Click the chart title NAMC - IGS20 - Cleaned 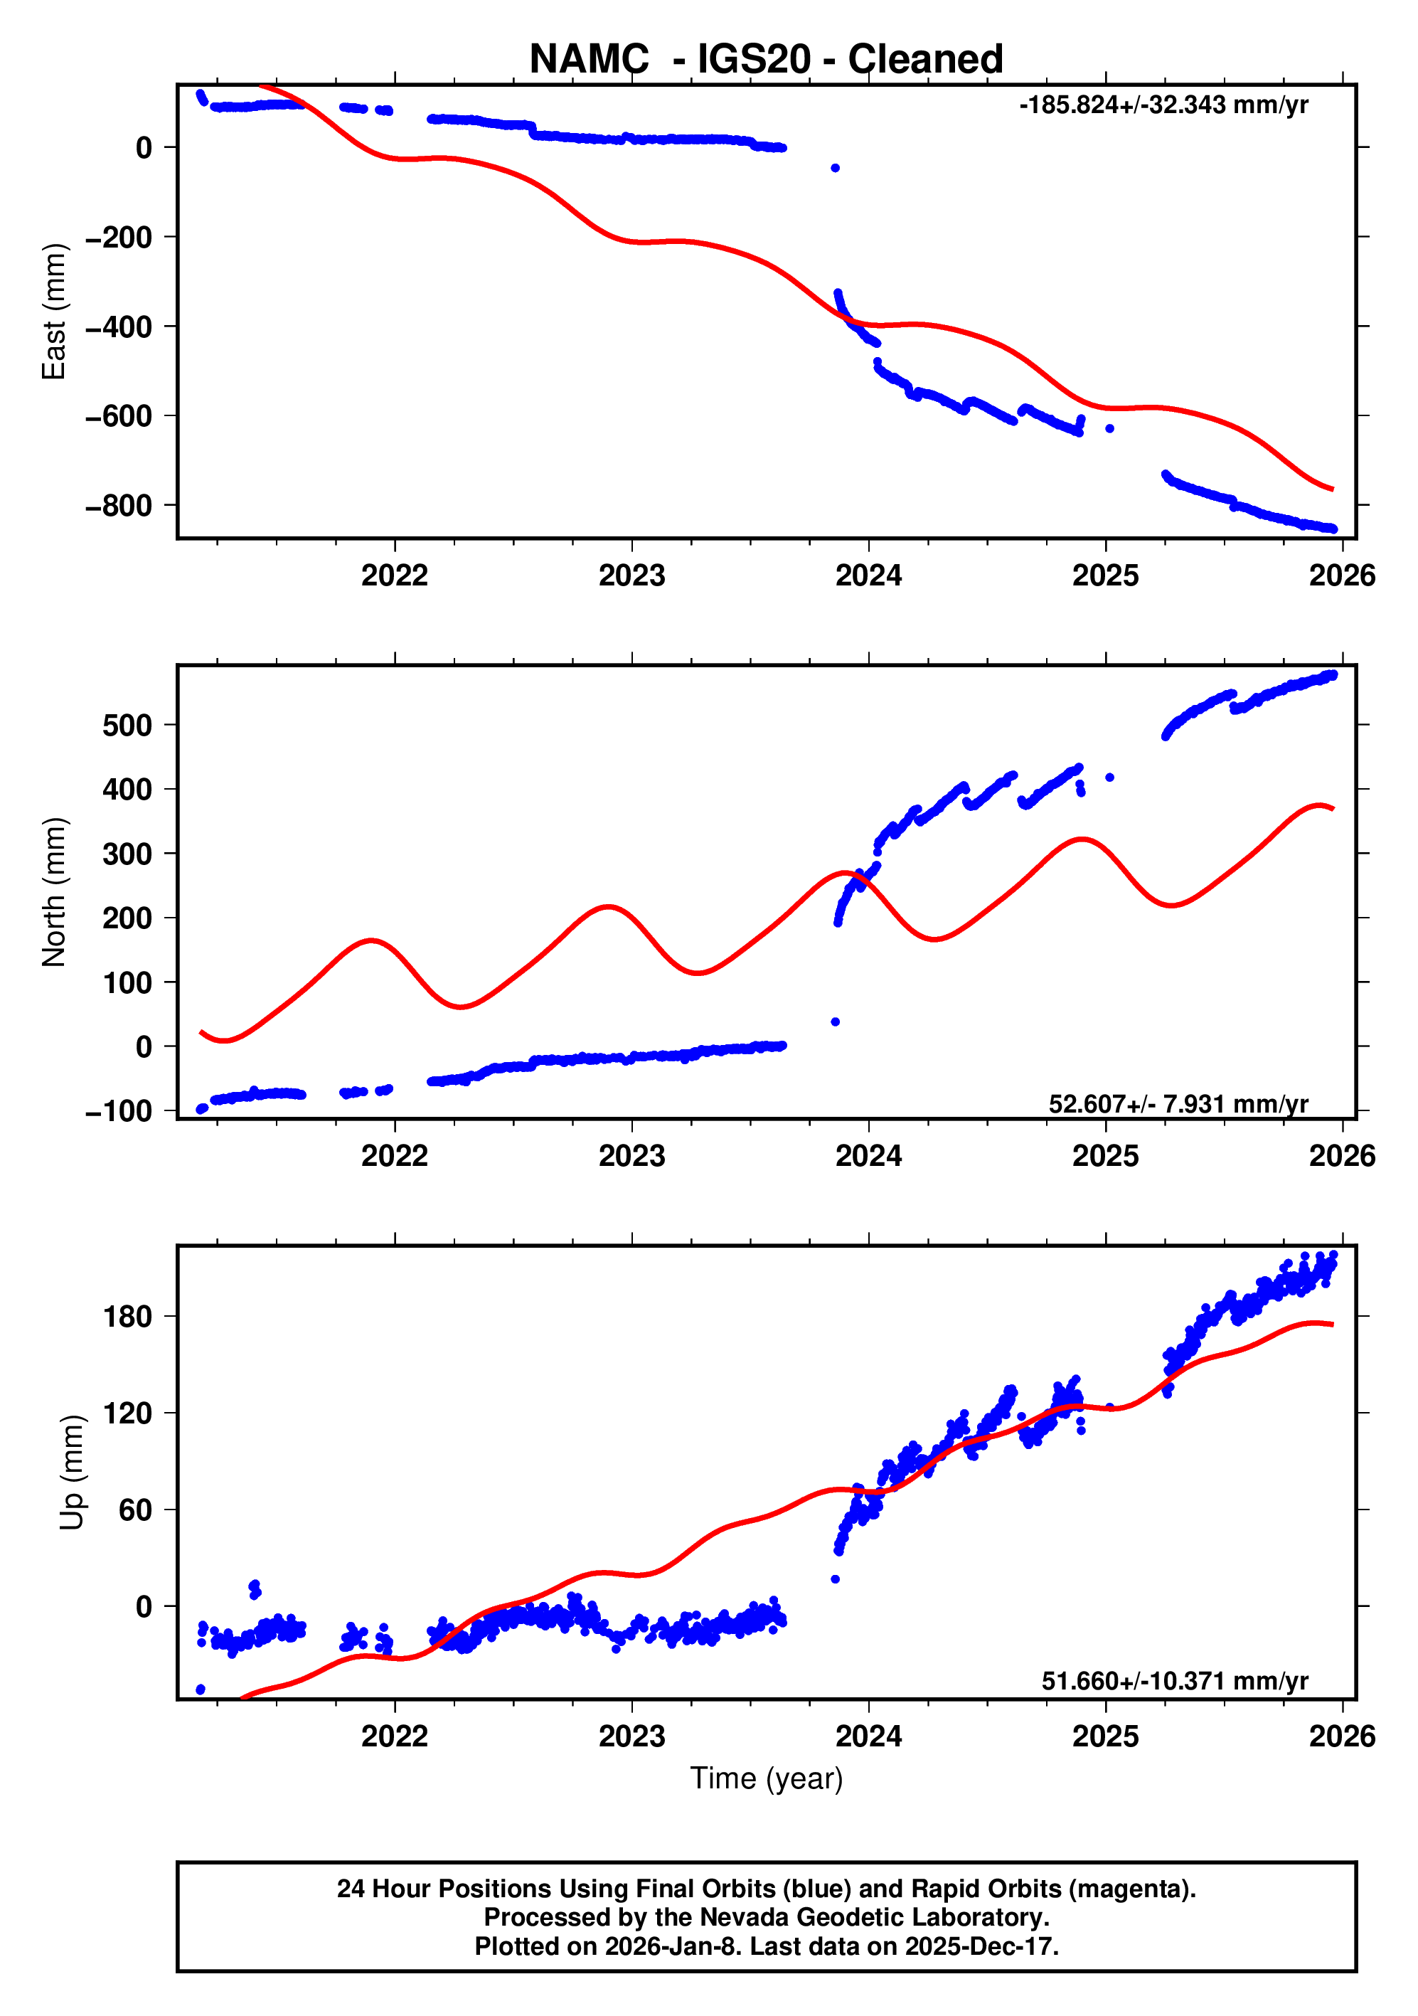tap(766, 59)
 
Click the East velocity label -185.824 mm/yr tap(1163, 105)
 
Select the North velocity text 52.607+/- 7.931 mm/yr tap(1178, 1104)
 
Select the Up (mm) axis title tap(71, 1473)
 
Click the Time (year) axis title tap(766, 1778)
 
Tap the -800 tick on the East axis tap(119, 506)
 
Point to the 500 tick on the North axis tap(127, 726)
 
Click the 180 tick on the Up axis tap(127, 1317)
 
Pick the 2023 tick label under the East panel tap(631, 576)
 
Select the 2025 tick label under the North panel tap(1104, 1157)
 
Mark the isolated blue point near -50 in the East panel tap(835, 168)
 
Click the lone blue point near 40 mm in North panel tap(835, 1022)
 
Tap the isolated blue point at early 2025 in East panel tap(1110, 428)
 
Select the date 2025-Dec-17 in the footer tap(978, 1946)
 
